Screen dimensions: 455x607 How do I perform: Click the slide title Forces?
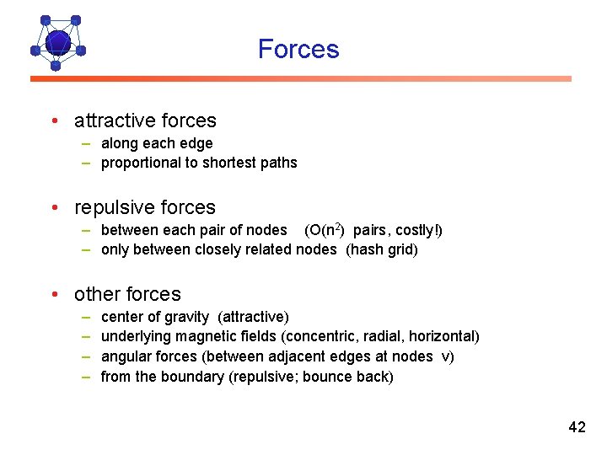298,49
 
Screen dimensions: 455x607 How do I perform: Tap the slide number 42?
577,427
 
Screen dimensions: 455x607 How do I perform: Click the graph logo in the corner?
57,41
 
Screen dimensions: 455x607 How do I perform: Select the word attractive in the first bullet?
110,120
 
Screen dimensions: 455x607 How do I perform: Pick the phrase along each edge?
157,143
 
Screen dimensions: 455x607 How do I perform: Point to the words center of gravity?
154,317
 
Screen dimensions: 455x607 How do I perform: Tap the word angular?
125,356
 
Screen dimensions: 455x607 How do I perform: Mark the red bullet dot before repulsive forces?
53,207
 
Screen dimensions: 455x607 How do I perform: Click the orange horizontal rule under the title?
301,78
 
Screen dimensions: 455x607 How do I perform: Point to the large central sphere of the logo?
57,41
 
